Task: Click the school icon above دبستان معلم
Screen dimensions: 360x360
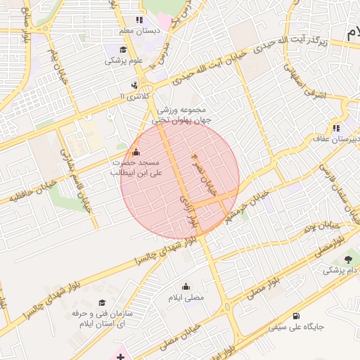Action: tap(139, 20)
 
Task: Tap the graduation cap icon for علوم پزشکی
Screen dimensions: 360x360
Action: tap(124, 49)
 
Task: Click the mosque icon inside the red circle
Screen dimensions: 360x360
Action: tap(136, 153)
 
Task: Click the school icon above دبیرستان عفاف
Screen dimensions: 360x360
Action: tap(336, 128)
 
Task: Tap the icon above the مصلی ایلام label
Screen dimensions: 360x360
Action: tap(186, 286)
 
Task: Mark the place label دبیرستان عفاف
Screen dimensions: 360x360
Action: tap(335, 140)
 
